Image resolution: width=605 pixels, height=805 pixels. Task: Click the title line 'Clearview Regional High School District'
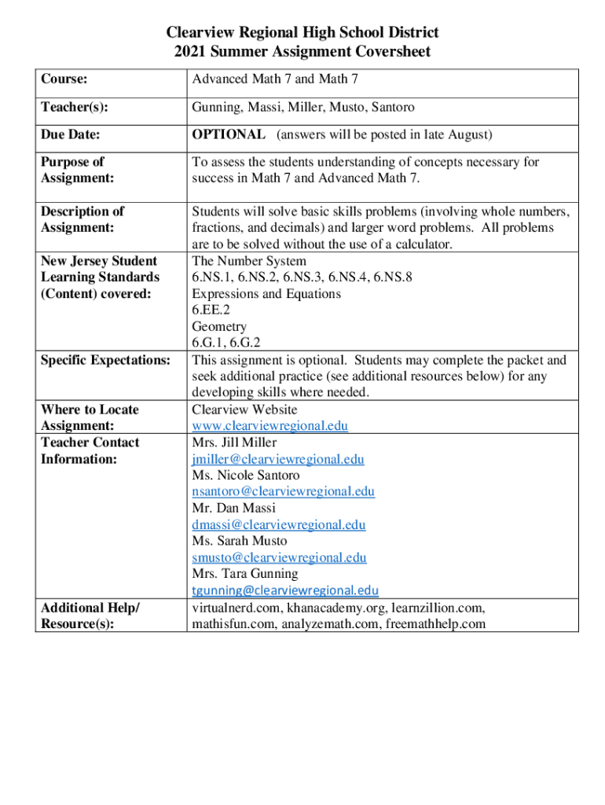coord(302,33)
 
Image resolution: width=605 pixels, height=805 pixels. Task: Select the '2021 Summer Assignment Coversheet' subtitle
coord(302,53)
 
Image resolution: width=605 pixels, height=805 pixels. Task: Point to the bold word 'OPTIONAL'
coord(229,134)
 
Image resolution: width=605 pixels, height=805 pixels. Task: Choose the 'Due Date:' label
coord(70,134)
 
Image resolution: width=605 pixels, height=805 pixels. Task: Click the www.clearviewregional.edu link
coord(269,426)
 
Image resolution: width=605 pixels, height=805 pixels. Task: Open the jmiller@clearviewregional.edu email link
coord(277,459)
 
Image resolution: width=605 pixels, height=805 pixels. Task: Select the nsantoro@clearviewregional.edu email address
coord(283,492)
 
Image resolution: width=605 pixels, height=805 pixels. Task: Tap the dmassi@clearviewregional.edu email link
coord(278,524)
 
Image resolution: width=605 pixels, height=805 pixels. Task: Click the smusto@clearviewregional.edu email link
coord(279,557)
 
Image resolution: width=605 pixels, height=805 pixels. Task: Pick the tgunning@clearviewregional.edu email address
coord(284,590)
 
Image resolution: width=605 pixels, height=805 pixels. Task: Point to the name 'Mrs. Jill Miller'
coord(234,443)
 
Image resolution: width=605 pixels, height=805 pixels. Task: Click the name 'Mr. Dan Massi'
coord(233,508)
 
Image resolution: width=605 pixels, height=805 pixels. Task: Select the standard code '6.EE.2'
coord(211,311)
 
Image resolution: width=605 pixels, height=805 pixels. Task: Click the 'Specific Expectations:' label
coord(105,360)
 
